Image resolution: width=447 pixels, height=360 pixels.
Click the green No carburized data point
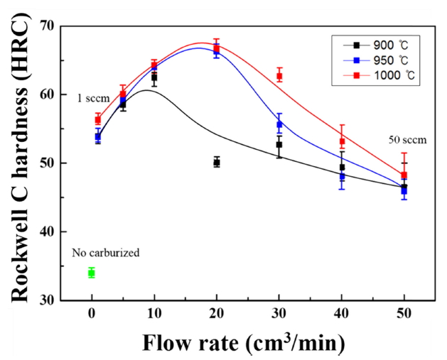92,273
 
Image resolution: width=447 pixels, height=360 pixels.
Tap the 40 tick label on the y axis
48,231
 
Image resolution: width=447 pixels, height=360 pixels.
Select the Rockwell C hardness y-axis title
19,163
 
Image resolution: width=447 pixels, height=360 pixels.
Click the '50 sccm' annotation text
407,140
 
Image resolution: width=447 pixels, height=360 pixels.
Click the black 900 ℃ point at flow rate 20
217,163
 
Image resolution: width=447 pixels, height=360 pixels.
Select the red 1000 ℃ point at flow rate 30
279,76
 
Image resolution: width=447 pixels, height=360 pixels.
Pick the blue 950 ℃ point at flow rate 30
279,124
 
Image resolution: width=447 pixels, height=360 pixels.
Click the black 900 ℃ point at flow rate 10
154,77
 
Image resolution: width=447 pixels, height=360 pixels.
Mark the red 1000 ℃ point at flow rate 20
217,48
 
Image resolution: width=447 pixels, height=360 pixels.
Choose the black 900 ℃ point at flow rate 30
279,144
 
